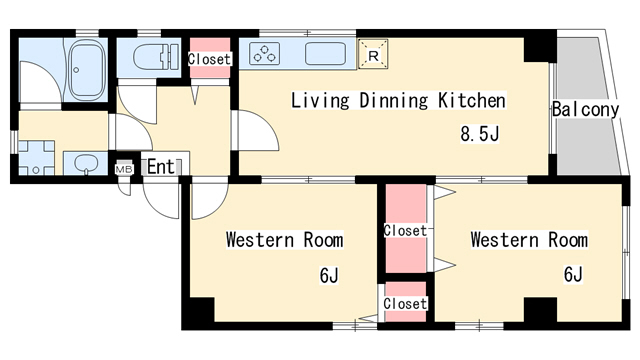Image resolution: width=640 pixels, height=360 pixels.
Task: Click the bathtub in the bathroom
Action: (86, 70)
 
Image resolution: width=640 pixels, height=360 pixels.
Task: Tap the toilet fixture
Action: (156, 56)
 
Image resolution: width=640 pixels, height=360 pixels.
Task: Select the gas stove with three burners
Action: (264, 53)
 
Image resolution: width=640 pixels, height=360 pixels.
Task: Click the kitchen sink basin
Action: (325, 53)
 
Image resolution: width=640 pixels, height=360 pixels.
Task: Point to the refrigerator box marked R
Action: (373, 54)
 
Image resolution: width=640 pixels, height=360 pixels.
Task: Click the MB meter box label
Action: (124, 168)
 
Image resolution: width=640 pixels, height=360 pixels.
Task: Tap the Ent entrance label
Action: (160, 167)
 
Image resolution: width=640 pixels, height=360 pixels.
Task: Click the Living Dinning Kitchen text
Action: (398, 101)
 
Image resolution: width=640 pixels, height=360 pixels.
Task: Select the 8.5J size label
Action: (480, 133)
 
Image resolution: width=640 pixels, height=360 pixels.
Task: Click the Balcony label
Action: (585, 109)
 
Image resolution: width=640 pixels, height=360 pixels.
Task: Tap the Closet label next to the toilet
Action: (209, 59)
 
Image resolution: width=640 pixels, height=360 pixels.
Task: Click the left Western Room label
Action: (284, 240)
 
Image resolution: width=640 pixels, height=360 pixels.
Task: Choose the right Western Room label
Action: (529, 240)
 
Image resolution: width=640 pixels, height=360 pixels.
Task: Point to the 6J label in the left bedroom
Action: (329, 276)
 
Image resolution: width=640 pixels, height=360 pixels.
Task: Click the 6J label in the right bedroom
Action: (573, 274)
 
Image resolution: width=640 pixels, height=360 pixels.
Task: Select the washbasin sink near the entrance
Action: (86, 164)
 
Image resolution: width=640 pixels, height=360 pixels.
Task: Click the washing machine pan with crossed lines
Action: (36, 158)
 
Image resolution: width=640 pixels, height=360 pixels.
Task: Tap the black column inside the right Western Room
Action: (540, 310)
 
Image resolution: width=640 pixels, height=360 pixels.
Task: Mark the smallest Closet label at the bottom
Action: (405, 304)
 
